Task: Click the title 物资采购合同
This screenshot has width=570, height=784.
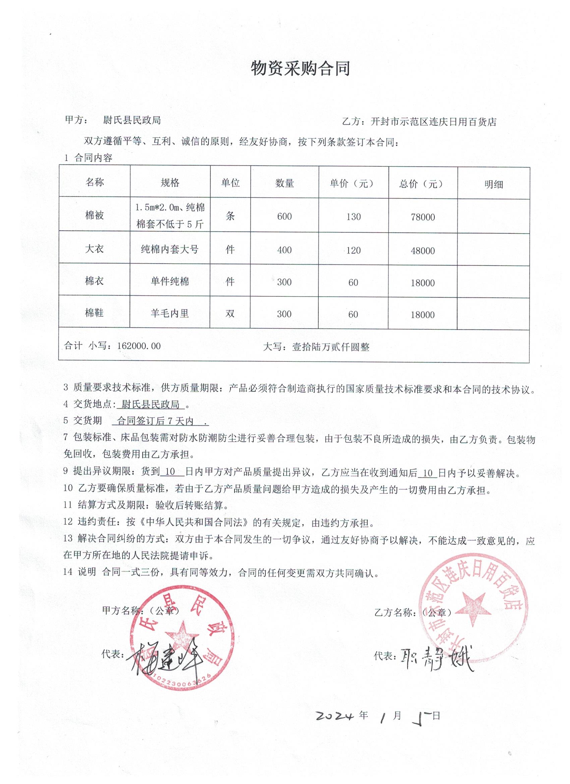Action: click(300, 68)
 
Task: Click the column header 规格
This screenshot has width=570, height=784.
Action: click(170, 182)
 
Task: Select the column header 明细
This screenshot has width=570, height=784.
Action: click(493, 184)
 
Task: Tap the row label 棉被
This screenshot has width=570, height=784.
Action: click(94, 215)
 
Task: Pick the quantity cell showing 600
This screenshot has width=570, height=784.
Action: click(284, 216)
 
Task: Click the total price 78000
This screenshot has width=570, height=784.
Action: click(423, 217)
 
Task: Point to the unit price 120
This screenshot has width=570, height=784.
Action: click(353, 250)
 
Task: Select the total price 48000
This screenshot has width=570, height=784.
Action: click(423, 251)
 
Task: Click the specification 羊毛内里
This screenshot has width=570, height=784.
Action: click(170, 314)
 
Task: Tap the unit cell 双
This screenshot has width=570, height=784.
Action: click(230, 314)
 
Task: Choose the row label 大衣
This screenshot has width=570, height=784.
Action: click(94, 249)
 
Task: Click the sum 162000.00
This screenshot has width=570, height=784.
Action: click(139, 346)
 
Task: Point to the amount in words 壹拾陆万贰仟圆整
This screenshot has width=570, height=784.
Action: click(331, 347)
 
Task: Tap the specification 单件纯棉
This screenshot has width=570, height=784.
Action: click(170, 281)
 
